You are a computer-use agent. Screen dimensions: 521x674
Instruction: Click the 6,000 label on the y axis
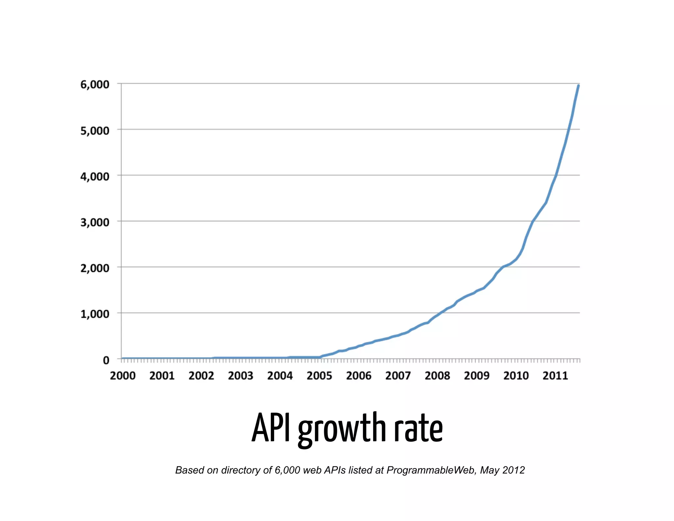pos(95,85)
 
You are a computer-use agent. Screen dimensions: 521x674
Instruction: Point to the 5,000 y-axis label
pos(95,131)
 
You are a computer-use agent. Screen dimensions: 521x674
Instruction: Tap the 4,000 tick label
pos(95,177)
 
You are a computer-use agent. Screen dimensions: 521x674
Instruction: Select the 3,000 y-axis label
pos(95,222)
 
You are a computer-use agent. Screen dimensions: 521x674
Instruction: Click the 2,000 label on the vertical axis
pos(95,268)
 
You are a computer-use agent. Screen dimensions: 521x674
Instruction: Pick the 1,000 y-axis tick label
pos(95,314)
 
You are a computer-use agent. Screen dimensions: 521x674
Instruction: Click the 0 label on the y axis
pos(106,360)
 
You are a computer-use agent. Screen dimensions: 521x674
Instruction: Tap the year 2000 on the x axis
pos(123,375)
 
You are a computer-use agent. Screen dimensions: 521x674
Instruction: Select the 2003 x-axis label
pos(241,375)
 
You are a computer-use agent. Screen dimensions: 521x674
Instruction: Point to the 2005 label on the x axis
pos(319,375)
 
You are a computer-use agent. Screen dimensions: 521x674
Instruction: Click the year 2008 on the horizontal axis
pos(437,375)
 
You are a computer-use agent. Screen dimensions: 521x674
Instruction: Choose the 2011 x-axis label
pos(555,375)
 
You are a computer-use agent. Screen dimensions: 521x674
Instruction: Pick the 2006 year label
pos(359,375)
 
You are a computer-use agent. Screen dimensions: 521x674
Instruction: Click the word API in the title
pos(271,428)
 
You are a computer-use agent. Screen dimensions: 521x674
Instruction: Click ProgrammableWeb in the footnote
pos(431,470)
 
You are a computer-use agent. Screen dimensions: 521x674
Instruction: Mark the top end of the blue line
pos(578,86)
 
